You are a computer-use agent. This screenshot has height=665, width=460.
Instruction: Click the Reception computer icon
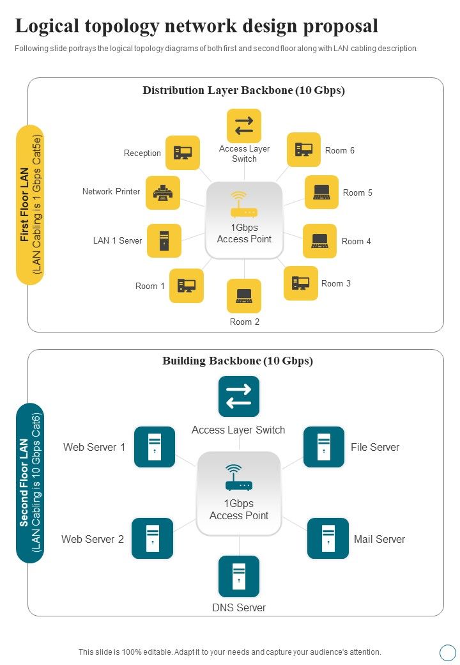(x=182, y=153)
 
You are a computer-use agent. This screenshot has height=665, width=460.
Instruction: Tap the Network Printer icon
(x=163, y=192)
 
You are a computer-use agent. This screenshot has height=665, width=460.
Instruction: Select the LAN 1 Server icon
(x=164, y=241)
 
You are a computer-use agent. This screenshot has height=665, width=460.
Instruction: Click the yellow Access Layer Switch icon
(x=244, y=126)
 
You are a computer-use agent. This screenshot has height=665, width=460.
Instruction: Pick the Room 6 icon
(x=303, y=150)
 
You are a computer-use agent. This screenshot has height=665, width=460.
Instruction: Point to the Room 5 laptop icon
(x=321, y=192)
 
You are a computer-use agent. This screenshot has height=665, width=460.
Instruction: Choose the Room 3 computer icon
(x=301, y=283)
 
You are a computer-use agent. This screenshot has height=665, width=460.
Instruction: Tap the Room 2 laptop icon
(x=244, y=295)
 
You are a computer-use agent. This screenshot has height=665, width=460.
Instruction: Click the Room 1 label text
(x=150, y=286)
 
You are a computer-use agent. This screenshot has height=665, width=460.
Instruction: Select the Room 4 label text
(x=356, y=242)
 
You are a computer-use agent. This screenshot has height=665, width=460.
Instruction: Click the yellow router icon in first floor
(x=243, y=205)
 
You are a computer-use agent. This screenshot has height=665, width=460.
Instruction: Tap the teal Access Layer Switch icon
(x=239, y=396)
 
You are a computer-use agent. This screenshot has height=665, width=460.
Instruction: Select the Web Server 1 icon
(x=155, y=446)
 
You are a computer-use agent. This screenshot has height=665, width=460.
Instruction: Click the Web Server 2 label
(x=93, y=539)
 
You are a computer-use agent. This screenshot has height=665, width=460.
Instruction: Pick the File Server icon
(x=324, y=446)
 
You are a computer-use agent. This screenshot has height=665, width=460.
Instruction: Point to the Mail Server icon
(x=328, y=538)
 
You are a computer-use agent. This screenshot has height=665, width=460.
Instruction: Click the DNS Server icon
(x=239, y=576)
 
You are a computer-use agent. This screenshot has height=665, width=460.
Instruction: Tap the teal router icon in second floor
(x=239, y=478)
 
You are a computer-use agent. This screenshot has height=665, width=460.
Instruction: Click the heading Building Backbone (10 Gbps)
(x=238, y=361)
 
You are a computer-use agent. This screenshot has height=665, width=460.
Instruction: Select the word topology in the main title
(x=128, y=26)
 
